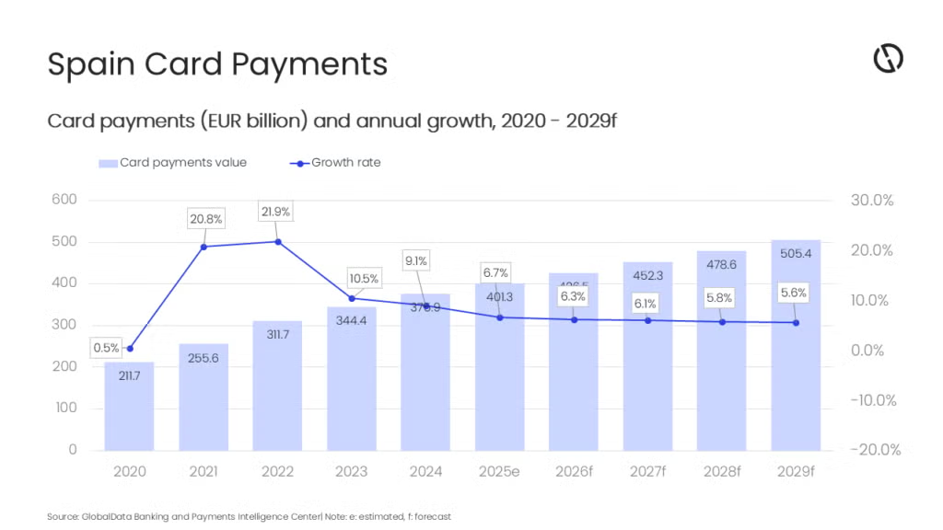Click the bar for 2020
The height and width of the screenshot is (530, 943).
129,405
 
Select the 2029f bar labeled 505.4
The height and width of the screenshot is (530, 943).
796,350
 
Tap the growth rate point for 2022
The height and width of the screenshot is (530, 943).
278,242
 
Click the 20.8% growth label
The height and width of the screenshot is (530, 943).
204,219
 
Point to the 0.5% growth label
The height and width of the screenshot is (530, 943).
106,348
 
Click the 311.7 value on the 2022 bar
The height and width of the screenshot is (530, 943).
277,334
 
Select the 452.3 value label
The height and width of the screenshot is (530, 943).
647,274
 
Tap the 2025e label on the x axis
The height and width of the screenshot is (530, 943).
499,472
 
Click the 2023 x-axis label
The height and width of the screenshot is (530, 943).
351,472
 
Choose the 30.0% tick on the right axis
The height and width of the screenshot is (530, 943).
870,201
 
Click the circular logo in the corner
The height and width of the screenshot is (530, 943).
888,58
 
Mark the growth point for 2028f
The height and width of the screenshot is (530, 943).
722,322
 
